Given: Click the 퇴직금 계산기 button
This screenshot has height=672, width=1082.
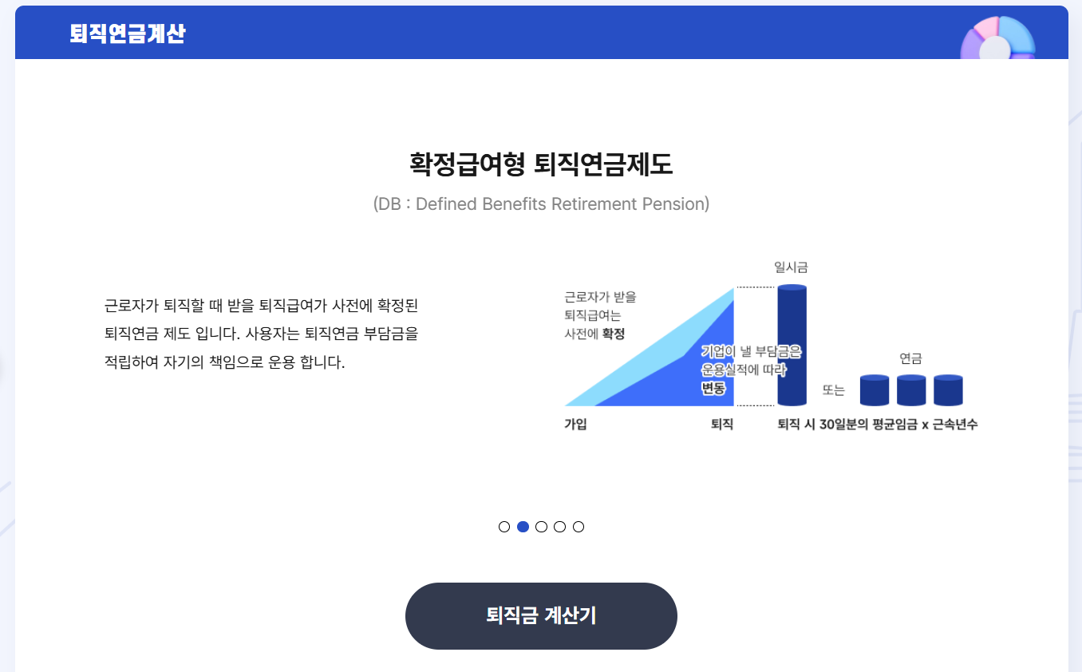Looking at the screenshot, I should pos(541,615).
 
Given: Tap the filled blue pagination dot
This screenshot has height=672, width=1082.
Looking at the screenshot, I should pos(523,527).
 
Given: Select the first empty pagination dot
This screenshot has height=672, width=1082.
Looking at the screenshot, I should pos(504,527).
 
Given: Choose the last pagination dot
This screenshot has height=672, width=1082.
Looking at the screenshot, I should pos(579,527).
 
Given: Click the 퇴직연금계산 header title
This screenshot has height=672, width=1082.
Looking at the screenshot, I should pos(128,34).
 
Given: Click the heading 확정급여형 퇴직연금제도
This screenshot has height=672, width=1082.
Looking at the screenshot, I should pos(541,164).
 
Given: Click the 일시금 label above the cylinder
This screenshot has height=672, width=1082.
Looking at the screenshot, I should pos(792,267).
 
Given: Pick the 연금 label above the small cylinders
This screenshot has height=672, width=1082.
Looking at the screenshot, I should pos(910,359).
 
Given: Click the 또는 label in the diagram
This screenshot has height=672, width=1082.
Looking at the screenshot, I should pos(833,390).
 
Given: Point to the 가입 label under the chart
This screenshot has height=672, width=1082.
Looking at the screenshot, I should pos(575,425).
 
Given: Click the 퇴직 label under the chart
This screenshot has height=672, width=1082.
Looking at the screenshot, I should pos(721,425).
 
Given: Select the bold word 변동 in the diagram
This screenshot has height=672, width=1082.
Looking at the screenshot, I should pos(713,389).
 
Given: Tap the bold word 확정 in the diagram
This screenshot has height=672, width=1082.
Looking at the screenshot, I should pos(614,334).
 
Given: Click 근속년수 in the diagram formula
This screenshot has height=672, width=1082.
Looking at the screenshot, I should pos(955,425).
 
